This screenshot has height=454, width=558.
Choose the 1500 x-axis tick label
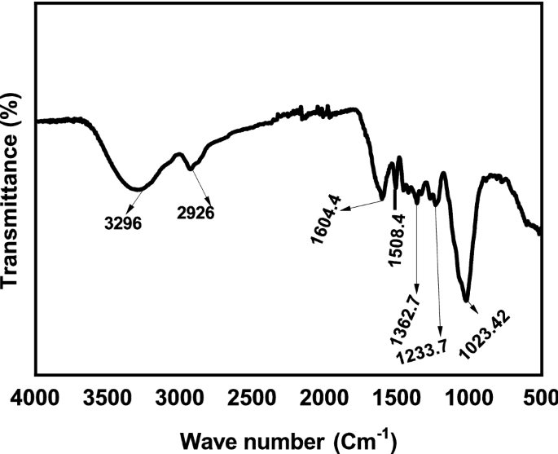click(397, 399)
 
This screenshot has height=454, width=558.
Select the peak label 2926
click(196, 214)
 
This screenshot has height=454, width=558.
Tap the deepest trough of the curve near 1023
click(466, 299)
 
